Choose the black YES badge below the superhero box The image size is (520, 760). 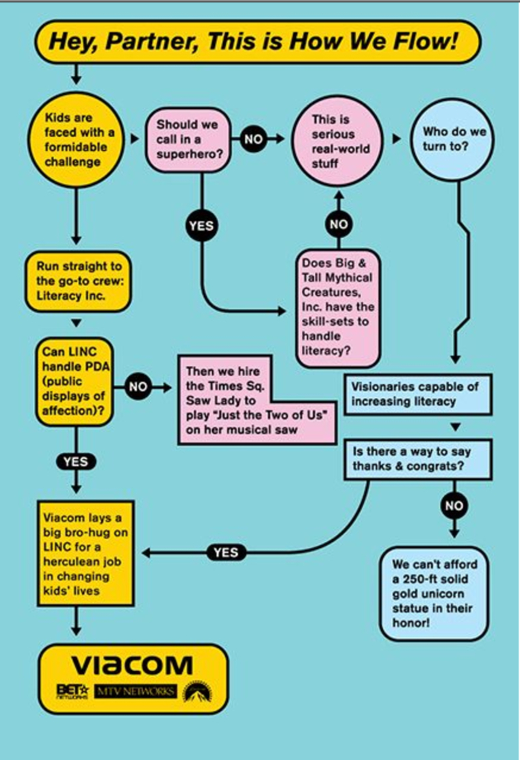click(201, 225)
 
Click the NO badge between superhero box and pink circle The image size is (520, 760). click(253, 140)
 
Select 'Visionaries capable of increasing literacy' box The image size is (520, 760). click(417, 394)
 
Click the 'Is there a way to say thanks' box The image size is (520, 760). click(417, 459)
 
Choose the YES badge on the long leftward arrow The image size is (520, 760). click(225, 552)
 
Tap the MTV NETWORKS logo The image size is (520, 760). click(136, 692)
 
